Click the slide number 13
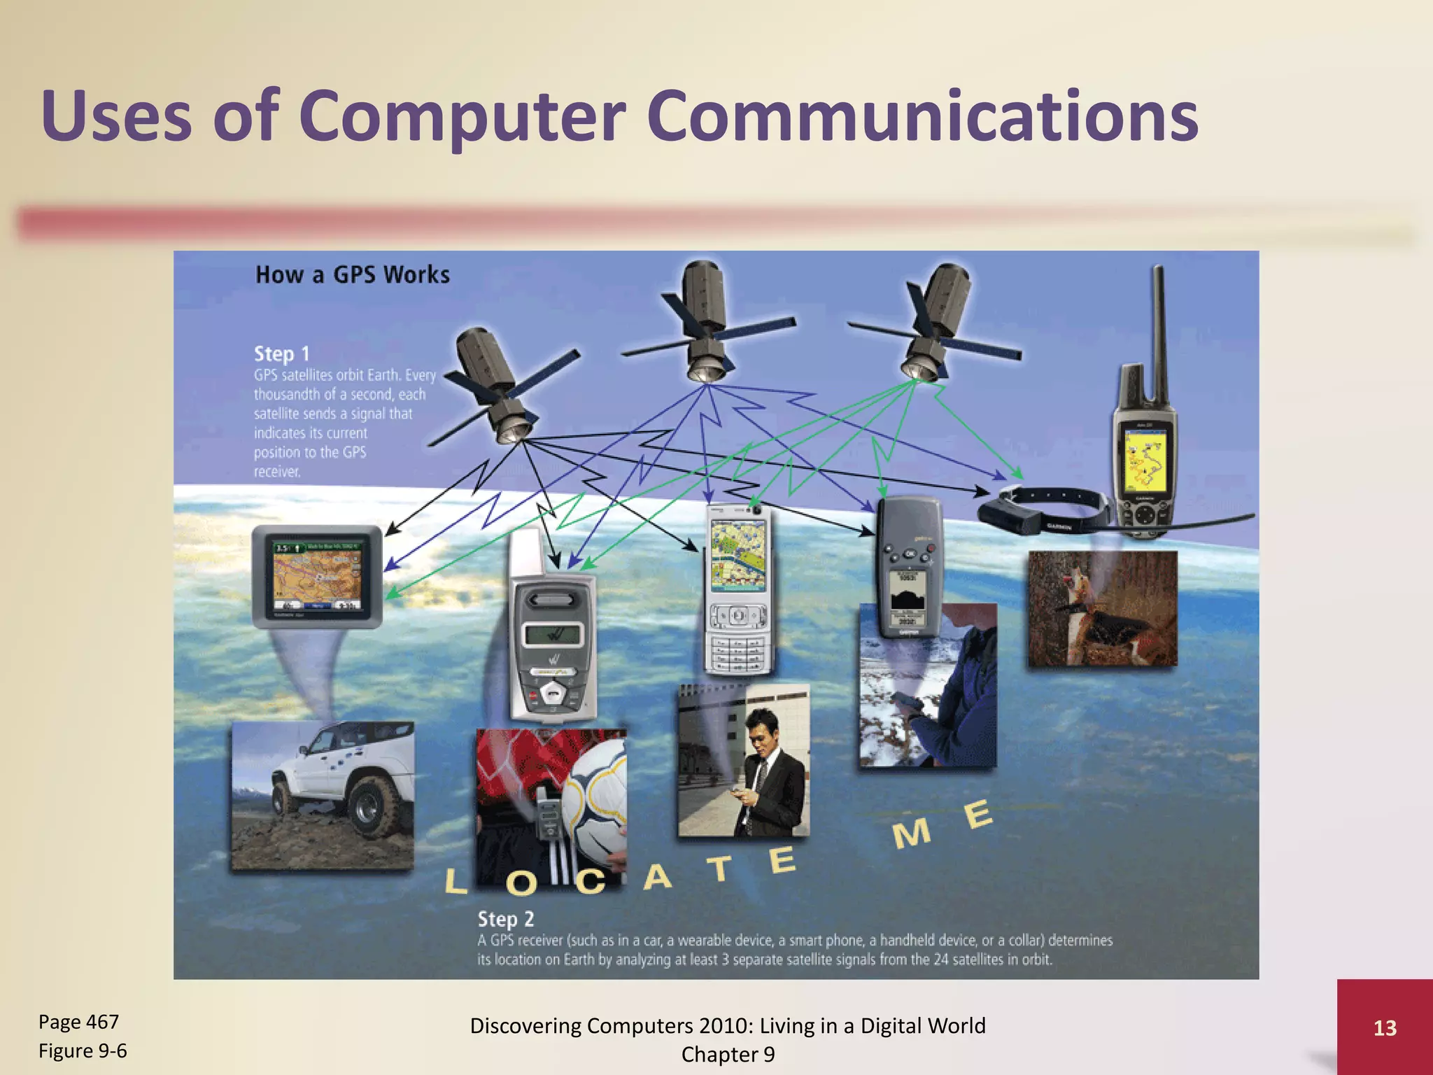click(x=1385, y=1027)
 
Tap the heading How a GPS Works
click(x=353, y=274)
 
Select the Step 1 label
click(x=281, y=353)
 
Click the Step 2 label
click(x=505, y=918)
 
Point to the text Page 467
click(x=78, y=1022)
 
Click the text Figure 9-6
click(x=83, y=1051)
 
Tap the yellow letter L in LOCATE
click(x=455, y=882)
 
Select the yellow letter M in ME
click(x=911, y=834)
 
